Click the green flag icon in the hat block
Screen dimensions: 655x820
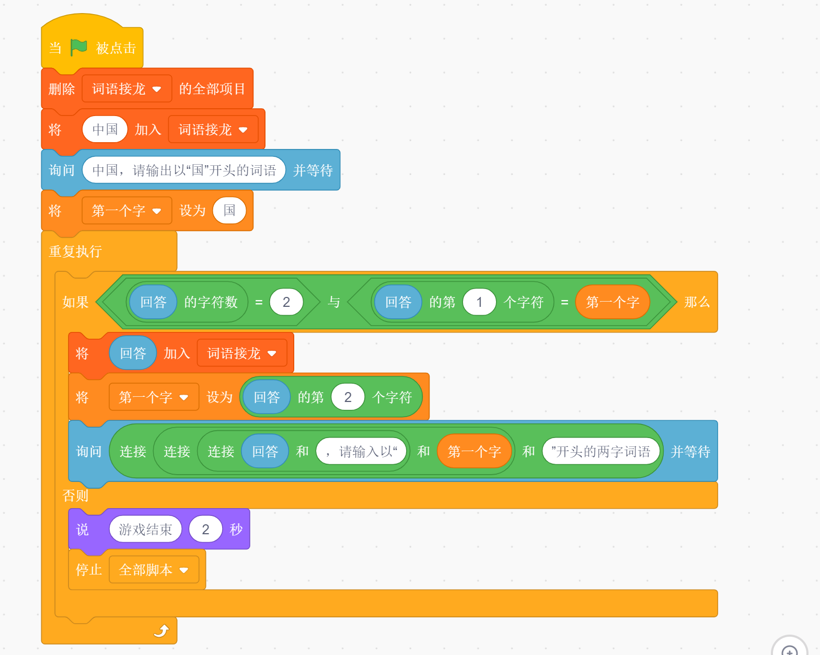[78, 48]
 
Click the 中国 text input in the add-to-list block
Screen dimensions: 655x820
[105, 130]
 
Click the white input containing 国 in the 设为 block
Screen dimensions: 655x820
[229, 211]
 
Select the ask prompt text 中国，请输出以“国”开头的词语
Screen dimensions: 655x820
[184, 170]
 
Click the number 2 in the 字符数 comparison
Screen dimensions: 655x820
[286, 302]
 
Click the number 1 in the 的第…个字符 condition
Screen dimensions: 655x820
[479, 302]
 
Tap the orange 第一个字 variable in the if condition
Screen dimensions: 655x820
[613, 302]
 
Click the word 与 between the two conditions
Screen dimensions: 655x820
[334, 302]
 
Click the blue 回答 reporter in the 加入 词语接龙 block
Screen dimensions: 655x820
[133, 353]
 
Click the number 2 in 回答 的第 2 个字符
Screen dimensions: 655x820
[348, 397]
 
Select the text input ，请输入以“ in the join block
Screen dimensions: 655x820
[362, 452]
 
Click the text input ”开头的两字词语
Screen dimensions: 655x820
[601, 452]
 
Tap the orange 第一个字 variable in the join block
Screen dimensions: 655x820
[474, 452]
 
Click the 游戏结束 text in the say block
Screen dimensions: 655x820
[145, 530]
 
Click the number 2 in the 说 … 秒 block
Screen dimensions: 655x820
[205, 530]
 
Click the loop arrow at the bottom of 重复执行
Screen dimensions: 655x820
[161, 631]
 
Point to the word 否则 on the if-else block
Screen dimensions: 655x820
[75, 496]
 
